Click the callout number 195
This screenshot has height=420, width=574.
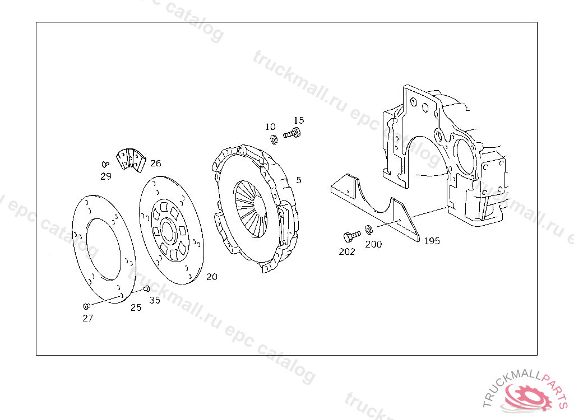click(x=432, y=241)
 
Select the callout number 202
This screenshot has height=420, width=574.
click(x=346, y=251)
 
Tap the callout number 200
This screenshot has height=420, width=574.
click(x=373, y=244)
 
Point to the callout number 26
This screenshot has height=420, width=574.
click(x=156, y=163)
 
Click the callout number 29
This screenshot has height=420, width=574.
click(x=106, y=176)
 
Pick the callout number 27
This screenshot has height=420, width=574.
click(x=88, y=318)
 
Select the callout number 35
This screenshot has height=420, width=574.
click(x=155, y=300)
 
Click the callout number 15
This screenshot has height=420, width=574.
click(x=299, y=120)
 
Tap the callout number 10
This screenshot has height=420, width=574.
click(x=270, y=127)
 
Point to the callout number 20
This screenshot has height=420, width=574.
click(x=212, y=277)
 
